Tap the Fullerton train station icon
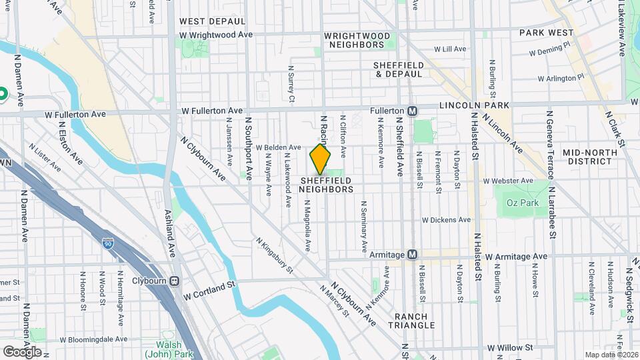click(413, 110)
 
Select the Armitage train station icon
click(413, 255)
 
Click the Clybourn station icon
click(175, 281)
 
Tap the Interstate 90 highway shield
click(107, 245)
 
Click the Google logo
click(22, 351)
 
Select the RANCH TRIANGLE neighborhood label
click(415, 321)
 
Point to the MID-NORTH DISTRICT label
click(587, 157)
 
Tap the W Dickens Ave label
click(446, 220)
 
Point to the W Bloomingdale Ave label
click(94, 339)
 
